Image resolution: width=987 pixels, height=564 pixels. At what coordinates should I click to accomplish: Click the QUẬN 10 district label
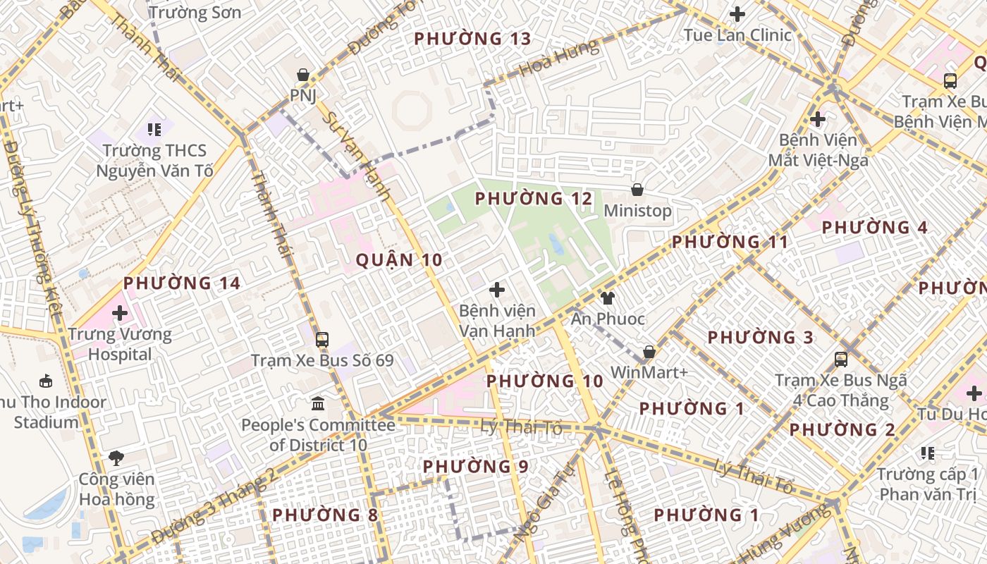click(399, 260)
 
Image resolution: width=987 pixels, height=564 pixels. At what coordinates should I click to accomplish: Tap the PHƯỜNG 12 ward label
click(534, 199)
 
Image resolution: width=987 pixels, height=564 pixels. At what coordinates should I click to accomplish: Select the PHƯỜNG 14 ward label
click(182, 283)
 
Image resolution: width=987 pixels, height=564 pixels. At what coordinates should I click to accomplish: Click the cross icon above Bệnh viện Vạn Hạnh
click(497, 289)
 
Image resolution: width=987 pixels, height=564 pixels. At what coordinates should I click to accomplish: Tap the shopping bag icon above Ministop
click(637, 189)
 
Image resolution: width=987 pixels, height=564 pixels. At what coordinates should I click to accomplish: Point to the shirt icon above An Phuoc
click(607, 298)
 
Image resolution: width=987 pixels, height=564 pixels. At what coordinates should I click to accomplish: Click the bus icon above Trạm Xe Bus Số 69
click(322, 339)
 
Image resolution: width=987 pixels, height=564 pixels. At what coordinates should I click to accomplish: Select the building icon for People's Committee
click(318, 404)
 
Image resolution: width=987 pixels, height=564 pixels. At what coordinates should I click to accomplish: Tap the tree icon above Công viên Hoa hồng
click(116, 458)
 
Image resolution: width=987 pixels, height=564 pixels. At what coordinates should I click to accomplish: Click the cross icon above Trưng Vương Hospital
click(120, 312)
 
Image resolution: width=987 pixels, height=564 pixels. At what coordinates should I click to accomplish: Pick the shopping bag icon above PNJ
click(303, 75)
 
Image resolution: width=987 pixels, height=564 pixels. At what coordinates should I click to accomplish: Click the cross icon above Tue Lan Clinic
click(737, 14)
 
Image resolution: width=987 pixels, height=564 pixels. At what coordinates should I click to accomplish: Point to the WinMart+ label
click(649, 372)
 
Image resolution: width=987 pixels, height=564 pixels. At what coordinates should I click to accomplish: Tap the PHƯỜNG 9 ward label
click(475, 467)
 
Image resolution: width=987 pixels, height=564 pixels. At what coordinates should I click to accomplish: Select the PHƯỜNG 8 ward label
click(325, 515)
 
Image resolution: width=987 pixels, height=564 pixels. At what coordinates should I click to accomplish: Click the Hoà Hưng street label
click(558, 59)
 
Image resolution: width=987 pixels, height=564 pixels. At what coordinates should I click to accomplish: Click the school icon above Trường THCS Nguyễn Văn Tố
click(154, 129)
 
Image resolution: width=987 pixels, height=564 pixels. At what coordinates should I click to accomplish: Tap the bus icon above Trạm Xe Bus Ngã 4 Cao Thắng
click(841, 360)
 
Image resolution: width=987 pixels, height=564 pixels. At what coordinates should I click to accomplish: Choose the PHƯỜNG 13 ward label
click(472, 39)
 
